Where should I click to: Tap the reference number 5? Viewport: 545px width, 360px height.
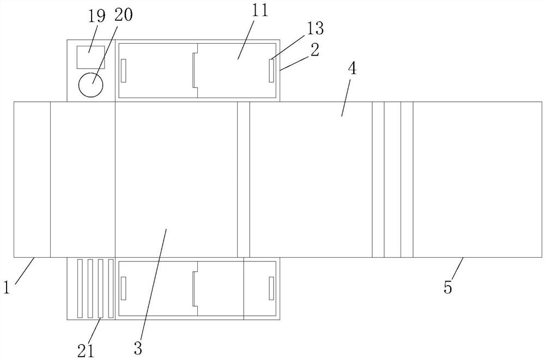(x=448, y=286)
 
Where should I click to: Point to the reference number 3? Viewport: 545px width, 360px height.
(x=138, y=347)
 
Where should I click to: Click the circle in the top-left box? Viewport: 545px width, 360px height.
(x=90, y=84)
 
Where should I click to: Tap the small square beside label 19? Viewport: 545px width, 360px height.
(x=90, y=57)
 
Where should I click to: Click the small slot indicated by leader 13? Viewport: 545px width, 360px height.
(x=271, y=71)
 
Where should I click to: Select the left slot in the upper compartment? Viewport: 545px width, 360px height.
(x=123, y=71)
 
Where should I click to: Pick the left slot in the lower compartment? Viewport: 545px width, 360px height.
(x=123, y=288)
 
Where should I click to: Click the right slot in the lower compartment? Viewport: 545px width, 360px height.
(x=271, y=288)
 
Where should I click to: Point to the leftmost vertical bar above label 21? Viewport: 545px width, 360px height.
(x=80, y=289)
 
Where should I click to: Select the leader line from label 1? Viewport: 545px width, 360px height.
(x=25, y=270)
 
